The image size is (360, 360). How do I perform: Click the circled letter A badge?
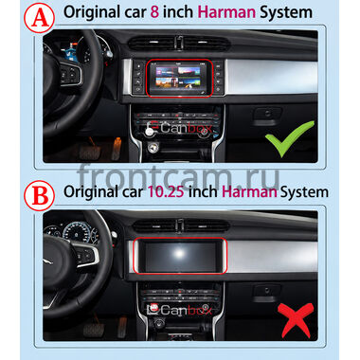(x=39, y=18)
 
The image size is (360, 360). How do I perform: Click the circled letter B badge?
(x=39, y=195)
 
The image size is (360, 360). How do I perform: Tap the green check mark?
(x=290, y=138)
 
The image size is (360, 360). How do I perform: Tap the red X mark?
(x=296, y=319)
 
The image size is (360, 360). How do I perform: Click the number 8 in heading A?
(x=154, y=12)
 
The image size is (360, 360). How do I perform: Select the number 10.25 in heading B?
(x=166, y=191)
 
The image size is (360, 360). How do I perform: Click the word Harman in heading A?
(x=226, y=12)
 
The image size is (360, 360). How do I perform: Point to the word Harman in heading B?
(x=249, y=191)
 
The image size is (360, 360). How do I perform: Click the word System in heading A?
(x=286, y=12)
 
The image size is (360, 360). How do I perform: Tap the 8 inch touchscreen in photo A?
(x=179, y=78)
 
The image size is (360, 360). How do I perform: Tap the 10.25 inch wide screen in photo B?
(x=180, y=256)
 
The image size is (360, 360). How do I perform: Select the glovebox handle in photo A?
(x=267, y=114)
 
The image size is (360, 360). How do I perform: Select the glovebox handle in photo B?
(x=267, y=291)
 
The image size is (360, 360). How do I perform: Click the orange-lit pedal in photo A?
(x=117, y=148)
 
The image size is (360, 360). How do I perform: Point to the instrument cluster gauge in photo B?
(x=76, y=231)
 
